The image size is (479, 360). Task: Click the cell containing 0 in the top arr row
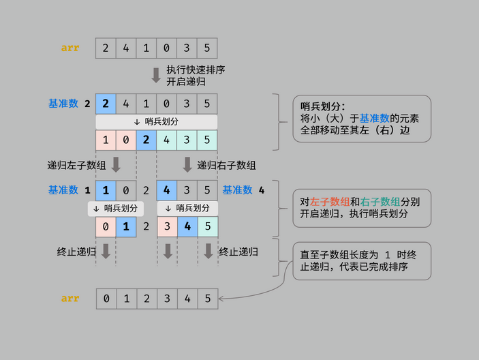(166, 48)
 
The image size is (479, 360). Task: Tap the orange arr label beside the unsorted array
(70, 48)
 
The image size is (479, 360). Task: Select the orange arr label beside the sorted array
(70, 298)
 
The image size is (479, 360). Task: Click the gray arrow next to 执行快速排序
(156, 75)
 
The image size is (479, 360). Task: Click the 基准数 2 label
(69, 104)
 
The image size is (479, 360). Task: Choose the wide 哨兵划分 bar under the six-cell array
(156, 121)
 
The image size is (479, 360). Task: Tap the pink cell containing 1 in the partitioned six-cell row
(106, 140)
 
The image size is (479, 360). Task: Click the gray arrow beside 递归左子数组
(115, 164)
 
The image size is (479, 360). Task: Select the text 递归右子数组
(226, 165)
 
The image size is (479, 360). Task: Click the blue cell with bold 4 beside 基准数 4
(167, 190)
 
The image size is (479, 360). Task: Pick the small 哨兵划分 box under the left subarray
(115, 208)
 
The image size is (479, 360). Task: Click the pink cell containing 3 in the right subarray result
(167, 226)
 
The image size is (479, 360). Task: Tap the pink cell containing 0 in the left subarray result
(106, 226)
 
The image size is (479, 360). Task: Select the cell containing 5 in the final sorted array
(207, 298)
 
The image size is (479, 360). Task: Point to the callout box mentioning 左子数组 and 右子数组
(362, 208)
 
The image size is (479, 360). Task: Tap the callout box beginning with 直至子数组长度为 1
(362, 260)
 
